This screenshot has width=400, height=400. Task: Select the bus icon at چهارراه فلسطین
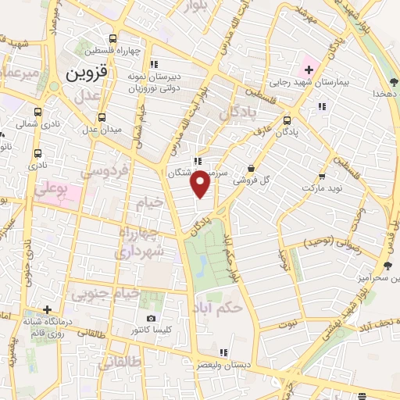point(113,38)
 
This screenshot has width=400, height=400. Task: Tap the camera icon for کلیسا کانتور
point(151,319)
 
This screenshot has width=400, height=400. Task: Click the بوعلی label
point(55,191)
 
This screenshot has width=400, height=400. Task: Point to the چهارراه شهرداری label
point(142,243)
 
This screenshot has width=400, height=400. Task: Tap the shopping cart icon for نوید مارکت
point(321,176)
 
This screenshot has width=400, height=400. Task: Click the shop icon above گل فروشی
point(251,168)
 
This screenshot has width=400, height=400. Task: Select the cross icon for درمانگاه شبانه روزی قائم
point(48,310)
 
